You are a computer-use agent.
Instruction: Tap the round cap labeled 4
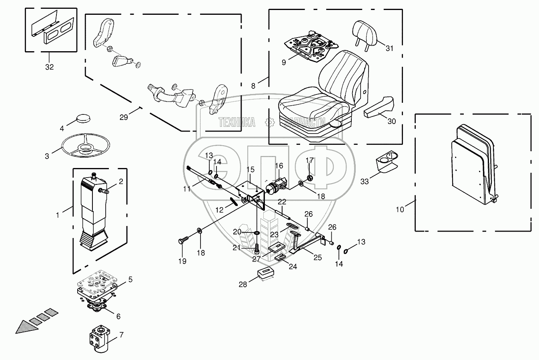pos(83,118)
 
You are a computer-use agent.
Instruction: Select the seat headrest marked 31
pos(365,35)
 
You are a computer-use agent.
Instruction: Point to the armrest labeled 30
pos(379,107)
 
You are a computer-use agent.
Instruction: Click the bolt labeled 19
pos(183,240)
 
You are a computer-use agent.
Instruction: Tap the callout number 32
pos(50,67)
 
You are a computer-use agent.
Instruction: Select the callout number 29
pos(124,117)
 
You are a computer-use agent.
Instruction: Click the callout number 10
pos(400,210)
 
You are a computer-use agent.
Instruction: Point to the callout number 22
pos(282,202)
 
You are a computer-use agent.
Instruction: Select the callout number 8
pos(253,86)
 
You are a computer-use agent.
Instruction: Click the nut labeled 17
pos(310,178)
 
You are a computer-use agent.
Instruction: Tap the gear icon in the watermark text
pos(270,122)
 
